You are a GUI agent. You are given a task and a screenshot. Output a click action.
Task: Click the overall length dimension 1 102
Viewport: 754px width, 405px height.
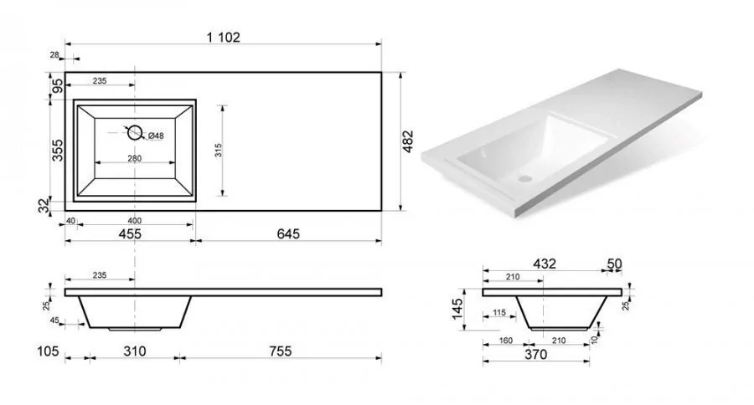tap(223, 37)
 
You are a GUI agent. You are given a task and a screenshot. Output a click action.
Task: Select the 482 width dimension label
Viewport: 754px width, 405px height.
tap(408, 141)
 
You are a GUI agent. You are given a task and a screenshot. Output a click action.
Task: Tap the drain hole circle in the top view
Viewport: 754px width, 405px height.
tap(135, 132)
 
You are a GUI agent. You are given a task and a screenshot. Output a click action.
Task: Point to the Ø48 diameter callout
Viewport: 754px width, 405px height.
tap(156, 136)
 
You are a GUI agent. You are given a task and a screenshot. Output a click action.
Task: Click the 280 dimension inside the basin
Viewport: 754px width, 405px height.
tap(135, 158)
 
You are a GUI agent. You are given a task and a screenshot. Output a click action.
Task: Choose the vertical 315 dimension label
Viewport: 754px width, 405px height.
tap(219, 151)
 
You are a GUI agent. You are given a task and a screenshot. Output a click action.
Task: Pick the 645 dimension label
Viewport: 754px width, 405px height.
tap(288, 233)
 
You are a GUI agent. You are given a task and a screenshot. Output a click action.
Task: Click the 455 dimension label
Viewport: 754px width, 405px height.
tap(131, 234)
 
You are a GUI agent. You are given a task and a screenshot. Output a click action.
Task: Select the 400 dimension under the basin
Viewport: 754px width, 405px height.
tap(135, 221)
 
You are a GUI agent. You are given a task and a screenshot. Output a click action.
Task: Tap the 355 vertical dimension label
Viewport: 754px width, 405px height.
tap(57, 150)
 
